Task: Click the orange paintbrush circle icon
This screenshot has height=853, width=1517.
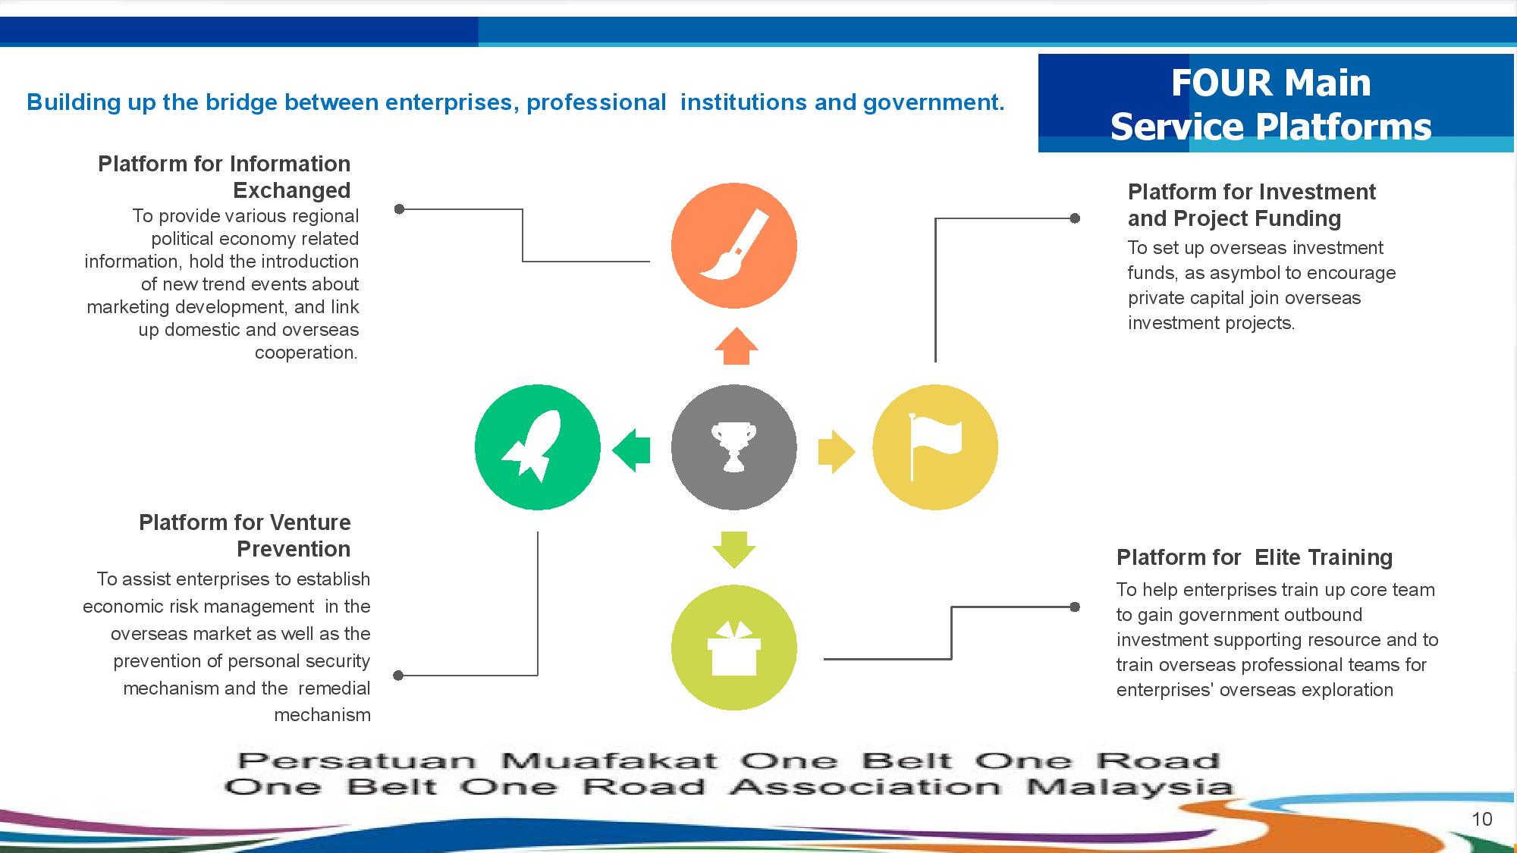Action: click(733, 245)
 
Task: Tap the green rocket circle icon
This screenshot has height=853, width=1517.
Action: click(537, 447)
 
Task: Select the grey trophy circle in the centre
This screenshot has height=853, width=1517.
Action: click(733, 447)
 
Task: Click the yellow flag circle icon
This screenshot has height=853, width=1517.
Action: click(935, 447)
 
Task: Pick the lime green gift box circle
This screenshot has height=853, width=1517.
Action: click(733, 648)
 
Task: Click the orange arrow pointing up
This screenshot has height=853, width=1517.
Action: click(736, 347)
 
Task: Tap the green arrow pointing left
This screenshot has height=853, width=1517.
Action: click(631, 450)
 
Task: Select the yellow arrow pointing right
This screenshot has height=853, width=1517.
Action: click(836, 452)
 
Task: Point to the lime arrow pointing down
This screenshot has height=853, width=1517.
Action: click(733, 549)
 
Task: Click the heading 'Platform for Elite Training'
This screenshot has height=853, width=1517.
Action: click(1254, 557)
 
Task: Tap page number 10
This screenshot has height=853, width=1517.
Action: click(1481, 819)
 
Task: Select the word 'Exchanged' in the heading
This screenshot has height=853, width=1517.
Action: click(291, 190)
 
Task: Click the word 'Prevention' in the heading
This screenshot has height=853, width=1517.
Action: click(294, 549)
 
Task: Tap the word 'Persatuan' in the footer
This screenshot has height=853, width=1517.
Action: click(357, 760)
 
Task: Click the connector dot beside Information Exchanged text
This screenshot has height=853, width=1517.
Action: click(400, 209)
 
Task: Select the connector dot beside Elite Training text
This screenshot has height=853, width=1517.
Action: click(1075, 607)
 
